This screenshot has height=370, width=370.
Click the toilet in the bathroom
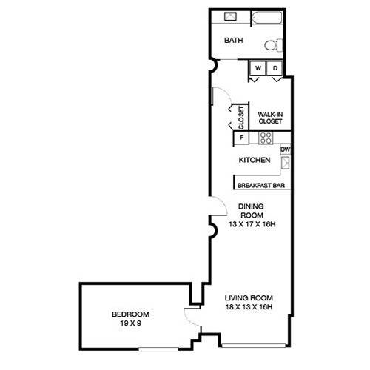[x=273, y=45]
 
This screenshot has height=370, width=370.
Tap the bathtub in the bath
[x=266, y=18]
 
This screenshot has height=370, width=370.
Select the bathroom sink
[x=230, y=16]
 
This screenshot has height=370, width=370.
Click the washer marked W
[x=258, y=68]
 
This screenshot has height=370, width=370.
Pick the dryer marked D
[x=275, y=68]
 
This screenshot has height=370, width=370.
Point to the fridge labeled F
[x=241, y=138]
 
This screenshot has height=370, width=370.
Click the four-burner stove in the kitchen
[x=266, y=138]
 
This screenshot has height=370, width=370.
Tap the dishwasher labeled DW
[x=286, y=149]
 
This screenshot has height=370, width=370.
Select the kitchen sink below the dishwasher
[x=286, y=162]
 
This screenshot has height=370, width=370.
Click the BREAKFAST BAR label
[x=261, y=186]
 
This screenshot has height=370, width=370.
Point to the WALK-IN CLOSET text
[x=270, y=118]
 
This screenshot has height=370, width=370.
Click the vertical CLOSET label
[x=241, y=118]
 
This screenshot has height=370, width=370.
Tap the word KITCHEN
[x=255, y=160]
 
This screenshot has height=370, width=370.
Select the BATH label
[x=234, y=40]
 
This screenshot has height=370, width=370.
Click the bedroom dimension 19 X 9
[x=130, y=323]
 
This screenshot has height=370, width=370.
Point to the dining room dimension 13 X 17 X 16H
[x=252, y=224]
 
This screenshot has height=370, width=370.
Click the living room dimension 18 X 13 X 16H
[x=249, y=307]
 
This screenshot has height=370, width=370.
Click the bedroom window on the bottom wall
[x=158, y=349]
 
